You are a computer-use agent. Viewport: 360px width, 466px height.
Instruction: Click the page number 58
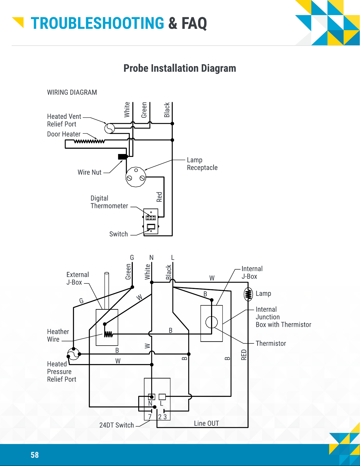(x=35, y=455)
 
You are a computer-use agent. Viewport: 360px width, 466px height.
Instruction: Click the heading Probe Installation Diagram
(x=180, y=68)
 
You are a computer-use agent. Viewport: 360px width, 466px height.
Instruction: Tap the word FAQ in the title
(x=194, y=23)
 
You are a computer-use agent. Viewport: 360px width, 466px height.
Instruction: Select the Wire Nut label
(x=89, y=172)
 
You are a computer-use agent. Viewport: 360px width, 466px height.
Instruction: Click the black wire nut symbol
(x=123, y=157)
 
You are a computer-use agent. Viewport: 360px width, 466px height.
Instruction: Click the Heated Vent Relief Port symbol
(x=110, y=129)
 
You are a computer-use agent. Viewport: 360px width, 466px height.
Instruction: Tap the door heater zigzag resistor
(x=89, y=141)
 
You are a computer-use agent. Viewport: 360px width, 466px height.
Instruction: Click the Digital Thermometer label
(x=109, y=202)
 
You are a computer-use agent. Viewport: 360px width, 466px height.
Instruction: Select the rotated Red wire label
(x=159, y=197)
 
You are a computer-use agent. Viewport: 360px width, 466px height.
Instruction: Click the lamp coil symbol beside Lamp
(x=248, y=294)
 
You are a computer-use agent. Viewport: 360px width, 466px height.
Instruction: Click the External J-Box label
(x=78, y=278)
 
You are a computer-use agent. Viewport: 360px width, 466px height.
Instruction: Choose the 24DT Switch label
(x=117, y=425)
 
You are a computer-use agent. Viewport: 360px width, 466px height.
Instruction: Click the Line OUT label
(x=206, y=423)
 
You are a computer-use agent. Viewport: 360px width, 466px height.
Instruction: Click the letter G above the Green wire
(x=132, y=257)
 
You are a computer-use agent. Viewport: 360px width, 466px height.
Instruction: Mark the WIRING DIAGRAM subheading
(x=72, y=92)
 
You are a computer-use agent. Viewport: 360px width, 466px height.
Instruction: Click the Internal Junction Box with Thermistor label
(x=283, y=317)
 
